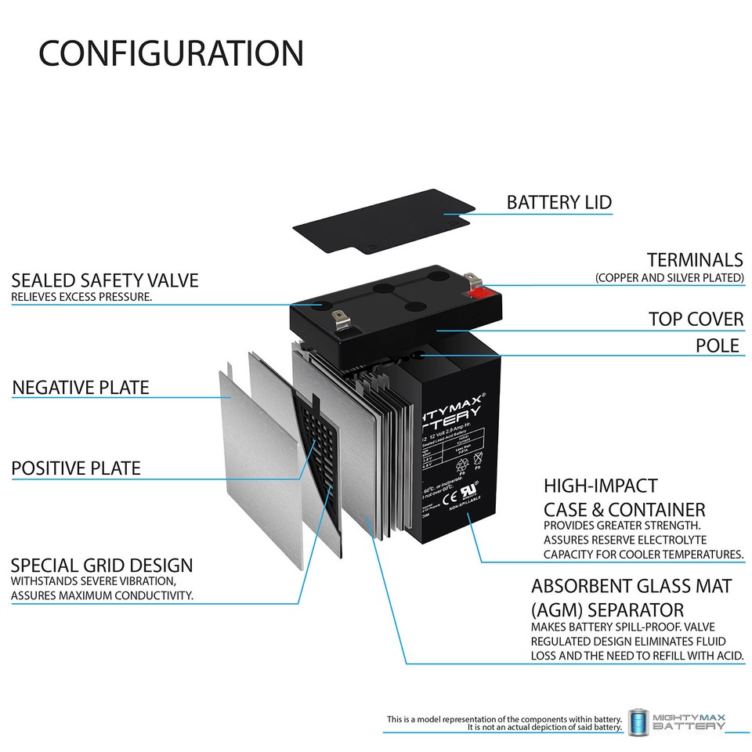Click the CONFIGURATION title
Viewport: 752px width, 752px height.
tap(171, 53)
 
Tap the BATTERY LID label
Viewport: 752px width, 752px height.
tap(559, 202)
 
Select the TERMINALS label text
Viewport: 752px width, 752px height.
tap(694, 260)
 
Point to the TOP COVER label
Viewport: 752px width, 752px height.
tap(696, 320)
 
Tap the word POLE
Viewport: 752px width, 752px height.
tap(718, 345)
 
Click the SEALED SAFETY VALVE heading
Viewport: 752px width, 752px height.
tap(105, 280)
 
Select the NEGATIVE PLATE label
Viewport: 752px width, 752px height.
tap(80, 387)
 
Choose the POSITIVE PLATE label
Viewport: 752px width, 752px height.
tap(76, 468)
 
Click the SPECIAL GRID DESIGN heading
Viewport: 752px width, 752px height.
tap(102, 565)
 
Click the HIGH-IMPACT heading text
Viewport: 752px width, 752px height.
tap(601, 486)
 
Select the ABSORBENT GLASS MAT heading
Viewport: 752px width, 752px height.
tap(631, 586)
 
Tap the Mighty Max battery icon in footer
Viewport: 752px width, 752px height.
tap(638, 722)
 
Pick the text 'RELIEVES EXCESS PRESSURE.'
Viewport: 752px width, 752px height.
tap(81, 298)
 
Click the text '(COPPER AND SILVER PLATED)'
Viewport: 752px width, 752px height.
tap(669, 278)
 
